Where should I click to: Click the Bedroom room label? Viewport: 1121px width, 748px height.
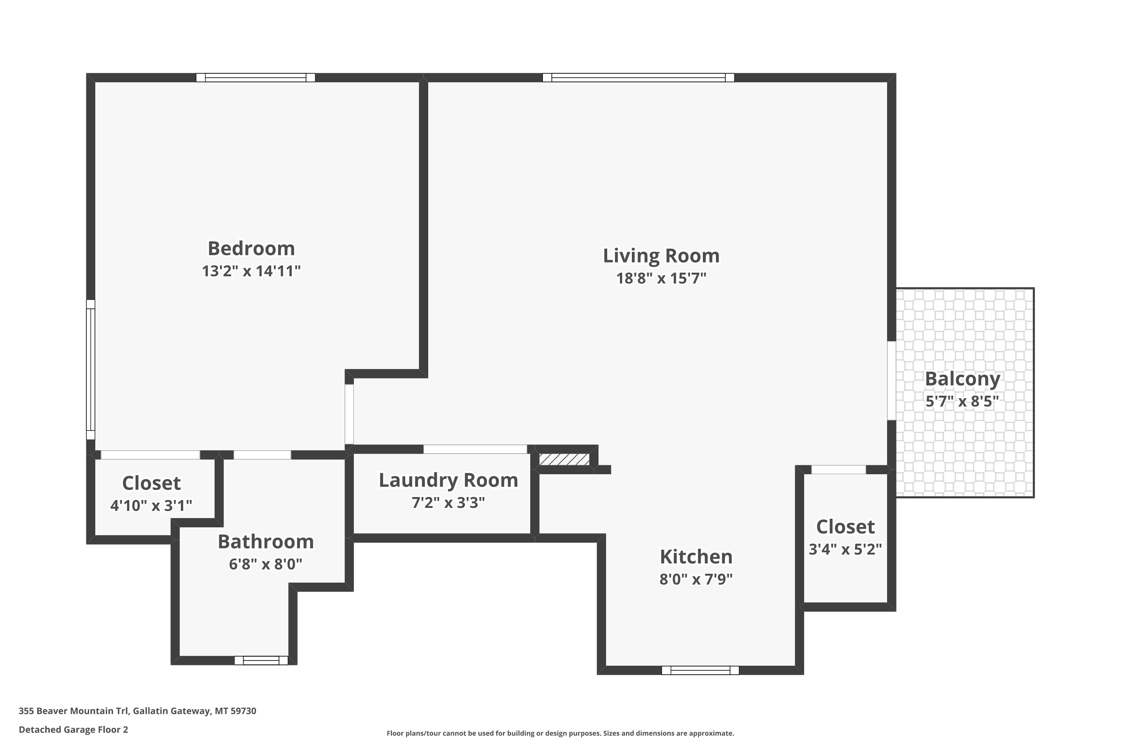click(251, 249)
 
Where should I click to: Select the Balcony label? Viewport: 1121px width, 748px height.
click(962, 379)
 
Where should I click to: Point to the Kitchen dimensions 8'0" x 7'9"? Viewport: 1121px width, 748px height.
click(696, 579)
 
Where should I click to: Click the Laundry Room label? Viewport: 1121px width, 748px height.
click(448, 480)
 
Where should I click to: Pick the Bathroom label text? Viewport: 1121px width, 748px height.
click(265, 542)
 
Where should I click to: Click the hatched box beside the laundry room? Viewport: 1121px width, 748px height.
click(564, 459)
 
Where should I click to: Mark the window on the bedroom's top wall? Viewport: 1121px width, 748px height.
click(256, 77)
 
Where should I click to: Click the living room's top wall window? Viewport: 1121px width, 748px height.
click(638, 77)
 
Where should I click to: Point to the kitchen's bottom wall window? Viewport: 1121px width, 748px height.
click(700, 670)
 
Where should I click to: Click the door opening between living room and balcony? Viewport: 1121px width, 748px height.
click(892, 381)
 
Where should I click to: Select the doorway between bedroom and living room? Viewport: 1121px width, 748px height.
click(349, 414)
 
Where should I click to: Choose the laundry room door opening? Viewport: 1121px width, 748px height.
click(475, 449)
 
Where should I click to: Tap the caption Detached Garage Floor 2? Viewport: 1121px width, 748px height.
click(73, 729)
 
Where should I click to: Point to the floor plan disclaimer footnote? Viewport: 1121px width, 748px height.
click(560, 733)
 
